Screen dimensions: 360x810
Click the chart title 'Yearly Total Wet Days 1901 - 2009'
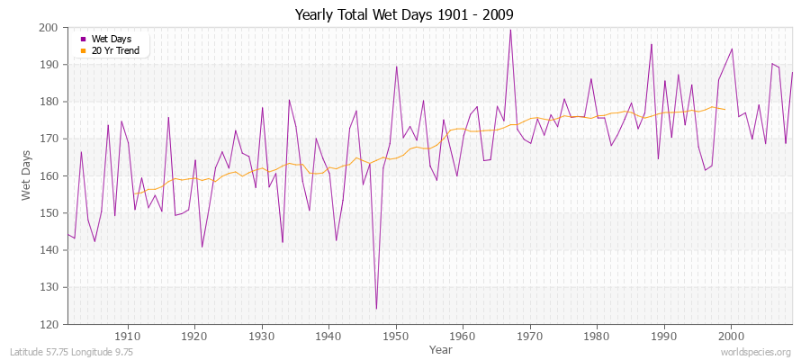404,14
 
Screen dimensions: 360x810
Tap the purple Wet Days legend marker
84,39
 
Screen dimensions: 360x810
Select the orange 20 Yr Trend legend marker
84,50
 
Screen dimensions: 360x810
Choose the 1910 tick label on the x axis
128,336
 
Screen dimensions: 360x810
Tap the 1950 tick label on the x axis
396,336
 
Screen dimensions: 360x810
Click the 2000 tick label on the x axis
731,336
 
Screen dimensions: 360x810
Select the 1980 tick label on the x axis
597,336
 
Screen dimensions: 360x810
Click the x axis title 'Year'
441,348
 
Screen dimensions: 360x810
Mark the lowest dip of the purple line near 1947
376,309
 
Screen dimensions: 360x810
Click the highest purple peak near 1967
510,30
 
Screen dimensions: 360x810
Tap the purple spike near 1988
652,44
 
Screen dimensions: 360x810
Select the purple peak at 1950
396,66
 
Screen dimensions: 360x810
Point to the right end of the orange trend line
724,110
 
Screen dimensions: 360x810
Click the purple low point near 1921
202,247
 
